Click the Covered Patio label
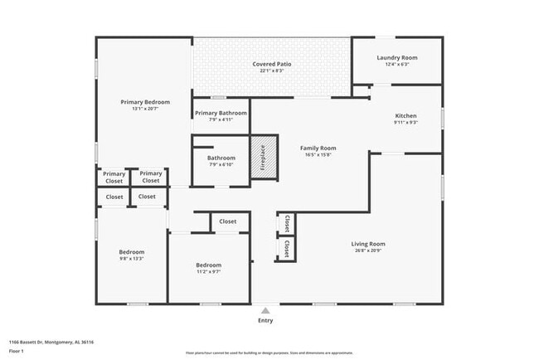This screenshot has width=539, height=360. click(x=272, y=64)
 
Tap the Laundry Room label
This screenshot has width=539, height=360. click(x=397, y=57)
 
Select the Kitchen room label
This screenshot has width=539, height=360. click(x=405, y=115)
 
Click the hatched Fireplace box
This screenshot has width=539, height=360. click(x=262, y=157)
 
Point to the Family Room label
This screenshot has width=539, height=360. click(x=318, y=148)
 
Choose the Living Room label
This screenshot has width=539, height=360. click(x=370, y=244)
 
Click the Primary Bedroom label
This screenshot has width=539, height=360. click(x=145, y=101)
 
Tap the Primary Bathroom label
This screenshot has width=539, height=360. click(x=221, y=113)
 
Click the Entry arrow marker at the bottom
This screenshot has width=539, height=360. click(x=265, y=310)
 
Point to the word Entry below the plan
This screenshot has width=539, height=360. click(x=265, y=321)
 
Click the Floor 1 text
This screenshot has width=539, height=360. click(x=17, y=350)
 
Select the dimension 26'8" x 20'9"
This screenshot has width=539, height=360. click(x=370, y=251)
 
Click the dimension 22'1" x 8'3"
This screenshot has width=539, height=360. click(x=272, y=71)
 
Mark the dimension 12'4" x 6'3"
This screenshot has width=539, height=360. click(x=397, y=65)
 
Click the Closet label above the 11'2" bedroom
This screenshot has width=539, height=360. click(x=228, y=221)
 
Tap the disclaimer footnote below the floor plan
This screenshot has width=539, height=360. click(x=269, y=353)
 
